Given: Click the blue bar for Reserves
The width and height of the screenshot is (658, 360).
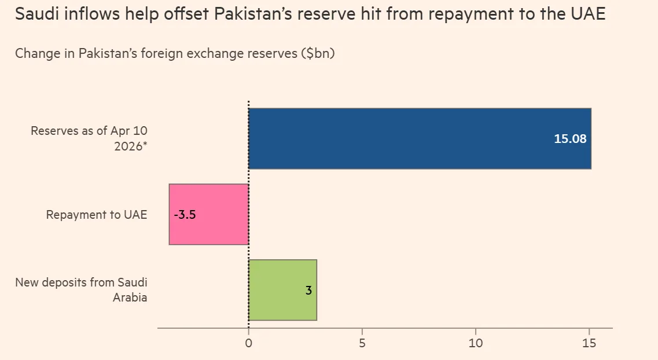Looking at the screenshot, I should pos(405,138).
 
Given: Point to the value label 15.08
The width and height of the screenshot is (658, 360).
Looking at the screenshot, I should pos(570,139).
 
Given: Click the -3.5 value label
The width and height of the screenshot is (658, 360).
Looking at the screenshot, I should pos(185,215).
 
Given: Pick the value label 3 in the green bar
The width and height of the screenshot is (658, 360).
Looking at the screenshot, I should pos(308,291).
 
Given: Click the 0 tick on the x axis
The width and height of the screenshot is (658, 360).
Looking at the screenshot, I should pos(248,343).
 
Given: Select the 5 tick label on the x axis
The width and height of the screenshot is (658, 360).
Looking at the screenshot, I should pos(362,343).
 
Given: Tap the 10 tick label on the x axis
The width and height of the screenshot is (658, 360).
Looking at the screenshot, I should pos(475,343).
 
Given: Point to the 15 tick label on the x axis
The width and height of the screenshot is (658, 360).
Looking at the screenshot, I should pos(589,343).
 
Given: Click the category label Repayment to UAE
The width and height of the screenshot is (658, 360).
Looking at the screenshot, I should pos(97,215).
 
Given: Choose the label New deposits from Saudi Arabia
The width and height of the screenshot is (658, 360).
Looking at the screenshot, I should pos(81,290).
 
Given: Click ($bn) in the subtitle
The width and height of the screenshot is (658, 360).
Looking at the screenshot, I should pos(318,53).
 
